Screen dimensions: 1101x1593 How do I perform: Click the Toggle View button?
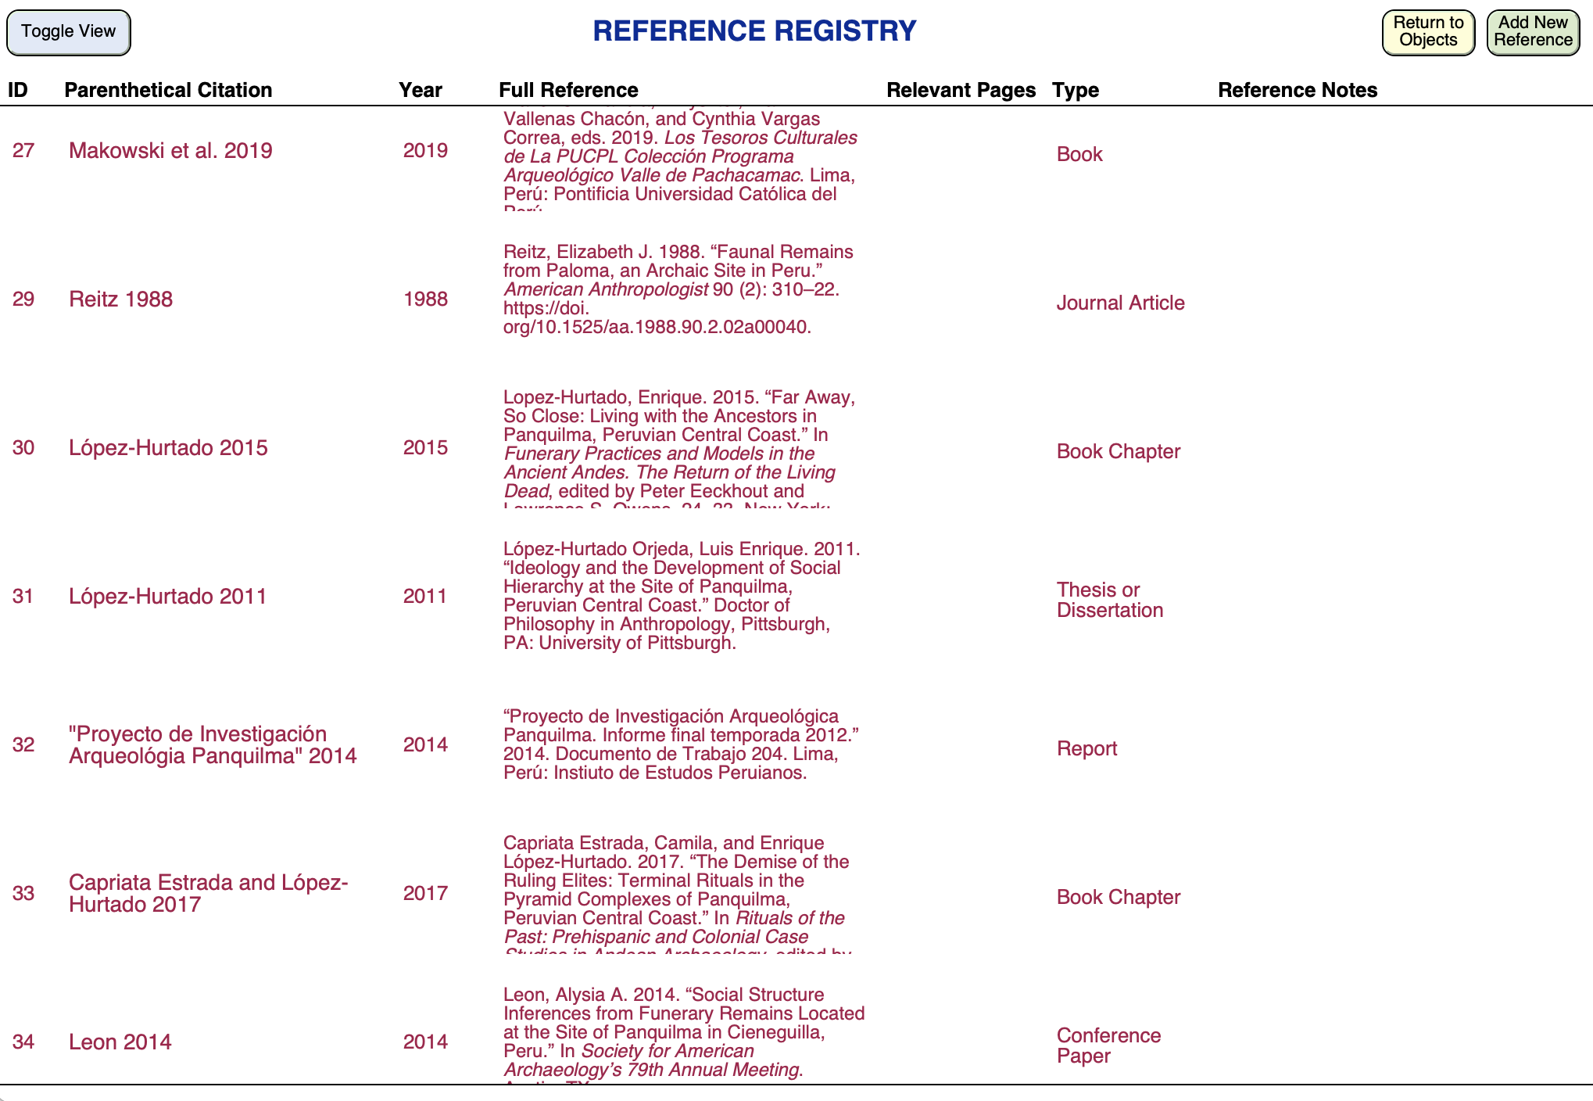click(x=69, y=32)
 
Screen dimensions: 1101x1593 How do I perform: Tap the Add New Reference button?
click(x=1532, y=32)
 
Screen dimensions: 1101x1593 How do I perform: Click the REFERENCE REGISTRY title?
click(x=754, y=31)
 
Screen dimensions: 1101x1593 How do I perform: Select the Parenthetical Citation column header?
click(x=168, y=90)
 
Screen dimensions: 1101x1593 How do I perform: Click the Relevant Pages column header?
click(x=961, y=90)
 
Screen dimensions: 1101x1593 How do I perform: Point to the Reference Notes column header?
click(x=1298, y=90)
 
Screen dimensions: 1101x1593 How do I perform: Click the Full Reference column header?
click(x=568, y=90)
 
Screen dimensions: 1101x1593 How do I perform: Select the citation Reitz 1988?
click(x=120, y=299)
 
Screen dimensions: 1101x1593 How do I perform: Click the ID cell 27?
click(x=23, y=150)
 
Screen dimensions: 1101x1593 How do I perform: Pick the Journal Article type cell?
click(x=1120, y=303)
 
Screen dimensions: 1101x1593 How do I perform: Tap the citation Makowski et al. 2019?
click(x=170, y=150)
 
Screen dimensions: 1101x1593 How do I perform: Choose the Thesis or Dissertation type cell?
click(x=1110, y=600)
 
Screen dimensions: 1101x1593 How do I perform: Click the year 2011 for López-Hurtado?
click(x=425, y=596)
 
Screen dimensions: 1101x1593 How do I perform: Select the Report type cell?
click(x=1086, y=748)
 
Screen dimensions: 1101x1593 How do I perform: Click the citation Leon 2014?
click(x=120, y=1042)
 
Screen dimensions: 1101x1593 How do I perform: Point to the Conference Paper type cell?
click(x=1108, y=1045)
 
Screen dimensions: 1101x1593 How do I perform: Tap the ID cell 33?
click(x=23, y=893)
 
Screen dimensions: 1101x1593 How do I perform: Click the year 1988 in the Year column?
click(x=425, y=299)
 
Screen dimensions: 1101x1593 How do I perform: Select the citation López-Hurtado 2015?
click(x=168, y=447)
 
